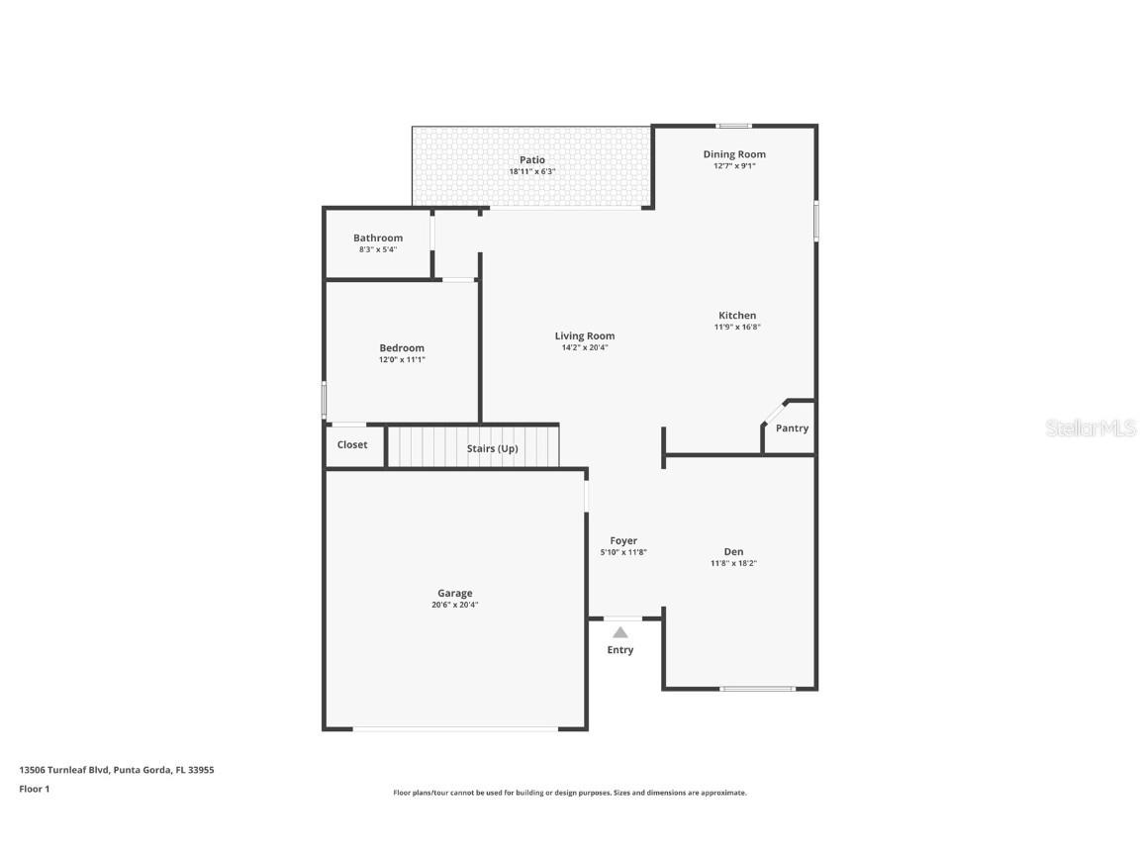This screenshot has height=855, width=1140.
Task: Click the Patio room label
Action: point(532,159)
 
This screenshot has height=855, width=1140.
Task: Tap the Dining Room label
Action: point(734,154)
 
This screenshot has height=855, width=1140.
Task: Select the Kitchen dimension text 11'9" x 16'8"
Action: point(737,327)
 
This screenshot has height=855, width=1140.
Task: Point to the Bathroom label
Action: point(378,237)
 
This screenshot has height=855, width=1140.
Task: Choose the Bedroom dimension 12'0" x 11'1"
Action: point(402,359)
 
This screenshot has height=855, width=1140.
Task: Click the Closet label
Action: point(352,445)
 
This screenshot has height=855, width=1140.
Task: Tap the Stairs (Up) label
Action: point(492,448)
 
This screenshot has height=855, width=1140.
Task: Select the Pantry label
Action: point(792,428)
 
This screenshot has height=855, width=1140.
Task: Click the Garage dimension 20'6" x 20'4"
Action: point(455,605)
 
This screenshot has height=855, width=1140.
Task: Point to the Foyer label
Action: point(623,540)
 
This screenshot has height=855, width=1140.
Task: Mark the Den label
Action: point(733,551)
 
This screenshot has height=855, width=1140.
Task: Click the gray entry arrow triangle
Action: point(619,632)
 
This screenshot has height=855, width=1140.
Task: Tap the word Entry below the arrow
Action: point(620,650)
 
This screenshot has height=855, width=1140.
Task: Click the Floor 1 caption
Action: point(34,789)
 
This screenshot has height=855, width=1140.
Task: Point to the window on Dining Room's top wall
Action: point(733,126)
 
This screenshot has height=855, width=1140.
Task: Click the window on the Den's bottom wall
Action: point(757,688)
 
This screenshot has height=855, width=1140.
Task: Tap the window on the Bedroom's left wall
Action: point(324,400)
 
